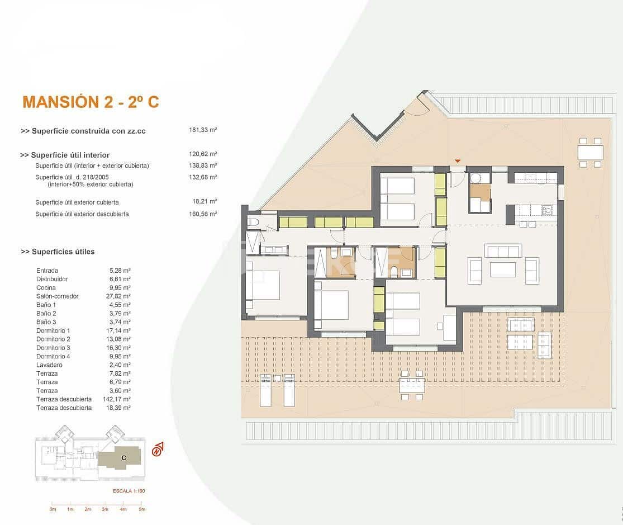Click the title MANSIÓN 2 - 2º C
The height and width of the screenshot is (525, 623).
(91, 102)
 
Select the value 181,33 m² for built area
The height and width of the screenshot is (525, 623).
(203, 130)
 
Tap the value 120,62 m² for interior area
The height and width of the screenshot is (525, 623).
(203, 154)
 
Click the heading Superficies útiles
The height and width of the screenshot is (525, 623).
(58, 252)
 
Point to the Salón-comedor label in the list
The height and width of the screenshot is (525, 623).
(57, 296)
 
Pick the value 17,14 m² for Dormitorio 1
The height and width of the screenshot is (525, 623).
(120, 331)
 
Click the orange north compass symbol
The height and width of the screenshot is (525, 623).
(158, 449)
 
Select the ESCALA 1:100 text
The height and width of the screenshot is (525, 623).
(129, 491)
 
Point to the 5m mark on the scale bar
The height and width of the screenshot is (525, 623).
(142, 509)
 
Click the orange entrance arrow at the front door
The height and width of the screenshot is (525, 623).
(458, 162)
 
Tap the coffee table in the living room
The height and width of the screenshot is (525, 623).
(503, 269)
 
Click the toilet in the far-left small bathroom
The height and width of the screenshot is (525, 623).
(253, 223)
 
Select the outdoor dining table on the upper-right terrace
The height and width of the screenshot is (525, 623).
(590, 153)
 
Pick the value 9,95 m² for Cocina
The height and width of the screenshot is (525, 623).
(120, 288)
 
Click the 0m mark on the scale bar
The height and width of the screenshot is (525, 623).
(53, 509)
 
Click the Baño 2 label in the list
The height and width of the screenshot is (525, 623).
(46, 314)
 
